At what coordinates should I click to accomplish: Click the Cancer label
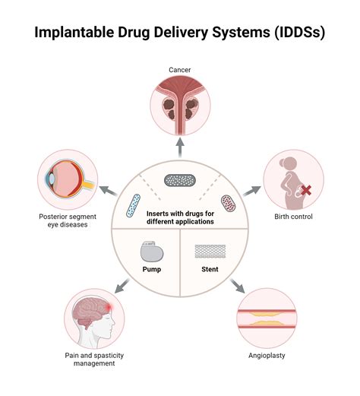[x=179, y=70]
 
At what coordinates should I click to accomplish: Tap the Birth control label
[x=293, y=217]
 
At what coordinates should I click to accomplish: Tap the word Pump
[x=151, y=269]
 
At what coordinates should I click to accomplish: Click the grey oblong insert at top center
[x=180, y=182]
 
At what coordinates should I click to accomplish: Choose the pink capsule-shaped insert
[x=228, y=203]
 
